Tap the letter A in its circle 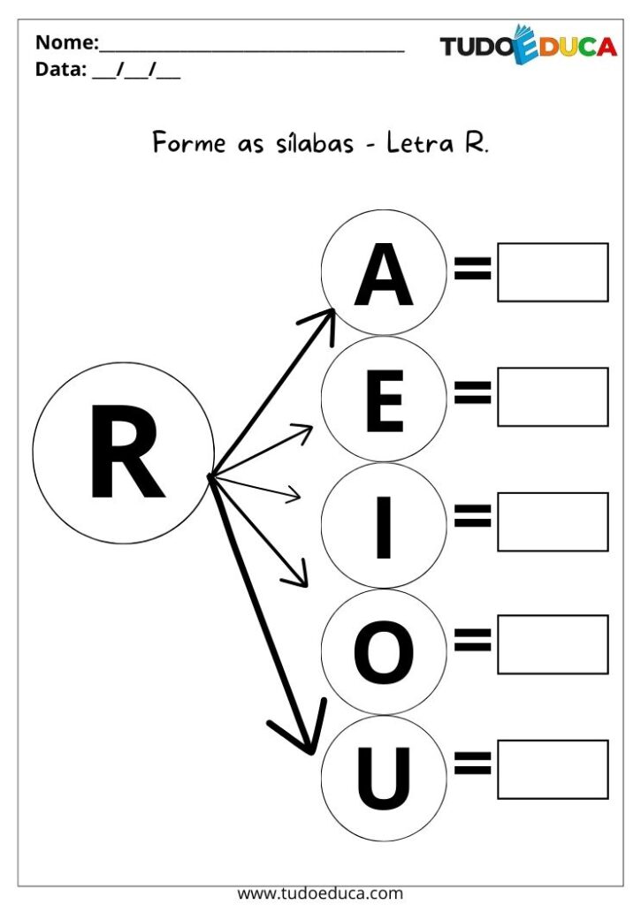click(x=384, y=275)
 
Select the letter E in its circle click(x=384, y=402)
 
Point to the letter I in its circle click(x=384, y=527)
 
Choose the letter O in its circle click(x=384, y=652)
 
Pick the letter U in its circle click(x=384, y=778)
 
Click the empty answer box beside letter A click(x=553, y=272)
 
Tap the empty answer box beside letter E click(x=553, y=397)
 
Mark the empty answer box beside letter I click(x=553, y=521)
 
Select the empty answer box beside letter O click(x=553, y=644)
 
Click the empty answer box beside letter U click(x=553, y=770)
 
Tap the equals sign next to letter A click(x=472, y=268)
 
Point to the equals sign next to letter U click(x=472, y=763)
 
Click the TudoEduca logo click(x=529, y=45)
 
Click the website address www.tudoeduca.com click(x=320, y=894)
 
